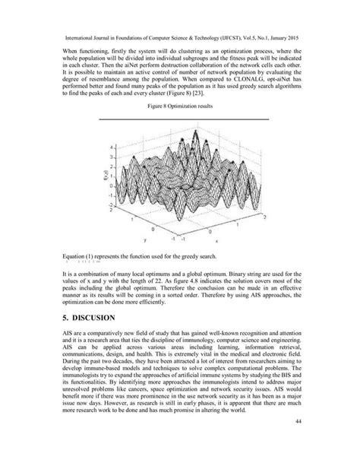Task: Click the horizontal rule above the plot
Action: pos(179,119)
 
